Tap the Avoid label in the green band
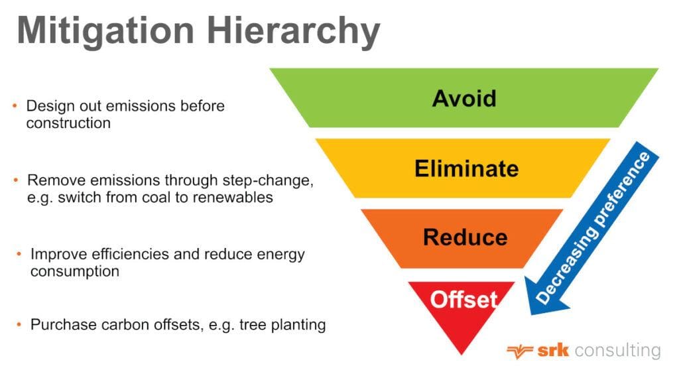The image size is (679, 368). [464, 98]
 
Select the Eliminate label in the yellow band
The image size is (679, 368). [466, 168]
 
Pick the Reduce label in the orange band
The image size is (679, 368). [465, 237]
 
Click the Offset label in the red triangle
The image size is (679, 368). [463, 300]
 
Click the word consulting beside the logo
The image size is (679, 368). [617, 350]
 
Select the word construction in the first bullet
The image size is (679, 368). [68, 123]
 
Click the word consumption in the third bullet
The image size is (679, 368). [75, 271]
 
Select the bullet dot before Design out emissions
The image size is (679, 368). [15, 106]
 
